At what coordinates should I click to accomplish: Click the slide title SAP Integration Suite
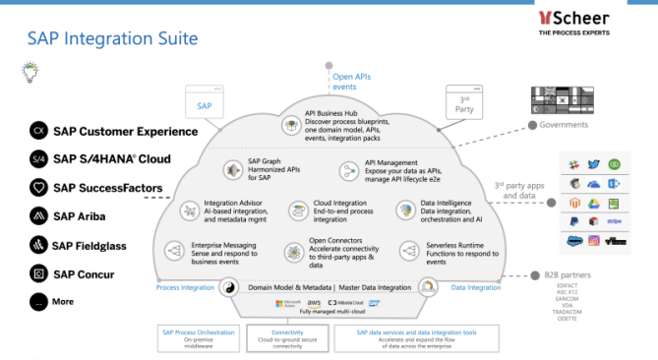(112, 38)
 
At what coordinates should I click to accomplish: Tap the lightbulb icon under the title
(30, 71)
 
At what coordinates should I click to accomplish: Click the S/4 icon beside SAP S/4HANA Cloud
(38, 158)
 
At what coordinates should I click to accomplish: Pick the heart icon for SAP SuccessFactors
(38, 187)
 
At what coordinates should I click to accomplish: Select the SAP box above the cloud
(204, 102)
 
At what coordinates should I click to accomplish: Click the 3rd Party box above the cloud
(467, 102)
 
